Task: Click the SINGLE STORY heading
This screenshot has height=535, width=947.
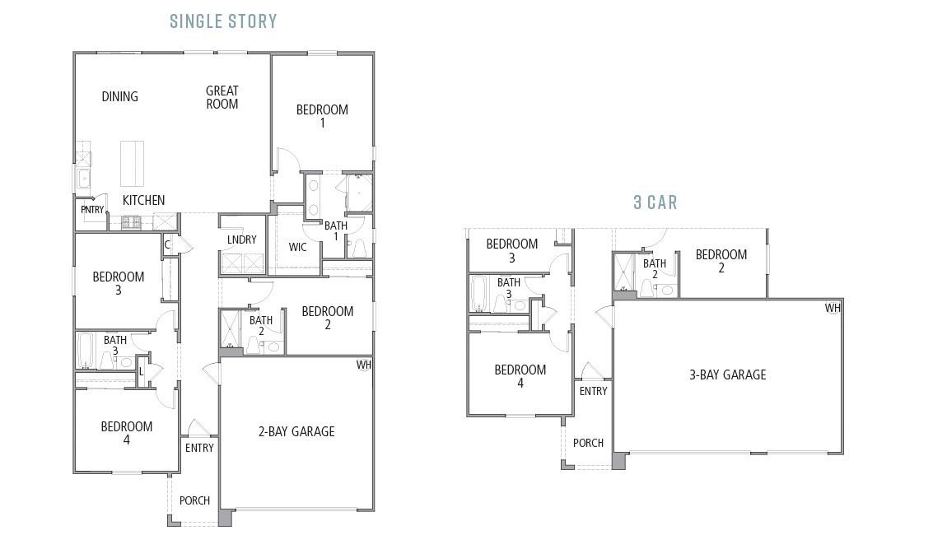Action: [223, 21]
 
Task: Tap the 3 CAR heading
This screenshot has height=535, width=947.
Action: [655, 202]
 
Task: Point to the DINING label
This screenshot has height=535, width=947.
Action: [119, 96]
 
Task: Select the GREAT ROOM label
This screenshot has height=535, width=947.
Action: [222, 97]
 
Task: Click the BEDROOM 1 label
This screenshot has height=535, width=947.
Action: [322, 116]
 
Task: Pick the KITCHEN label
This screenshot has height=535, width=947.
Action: [143, 200]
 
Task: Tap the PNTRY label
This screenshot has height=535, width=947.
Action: [92, 210]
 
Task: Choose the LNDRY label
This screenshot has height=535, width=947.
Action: [242, 240]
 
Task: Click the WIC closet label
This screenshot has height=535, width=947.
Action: [298, 247]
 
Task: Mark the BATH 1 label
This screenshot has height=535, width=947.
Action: [336, 230]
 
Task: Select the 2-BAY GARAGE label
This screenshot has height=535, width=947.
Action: [296, 431]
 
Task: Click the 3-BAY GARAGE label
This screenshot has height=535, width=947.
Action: [727, 374]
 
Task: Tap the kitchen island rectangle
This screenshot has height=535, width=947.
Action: [132, 163]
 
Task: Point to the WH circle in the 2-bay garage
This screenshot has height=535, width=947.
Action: [364, 365]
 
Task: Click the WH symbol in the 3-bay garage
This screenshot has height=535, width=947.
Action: [833, 309]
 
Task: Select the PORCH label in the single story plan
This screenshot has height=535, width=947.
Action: [194, 500]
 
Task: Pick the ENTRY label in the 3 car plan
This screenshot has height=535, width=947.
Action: [593, 391]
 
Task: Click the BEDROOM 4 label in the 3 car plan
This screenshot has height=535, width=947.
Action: [520, 376]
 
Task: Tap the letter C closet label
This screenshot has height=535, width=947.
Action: [167, 244]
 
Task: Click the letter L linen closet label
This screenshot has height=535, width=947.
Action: [142, 371]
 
